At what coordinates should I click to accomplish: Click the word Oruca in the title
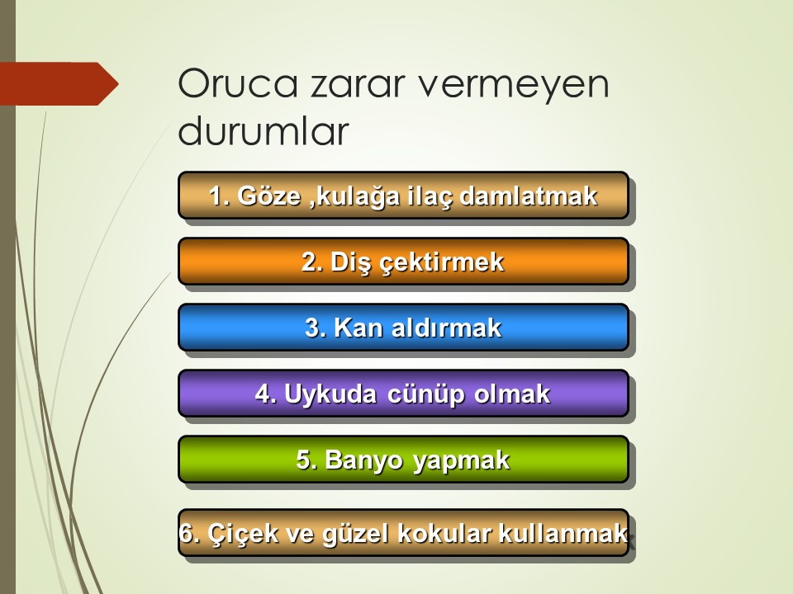coord(237,83)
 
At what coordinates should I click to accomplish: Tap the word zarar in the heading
coord(358,84)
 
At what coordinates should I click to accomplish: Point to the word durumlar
coord(264,131)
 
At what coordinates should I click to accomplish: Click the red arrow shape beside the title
coord(59,84)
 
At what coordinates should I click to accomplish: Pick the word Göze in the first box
coord(269,196)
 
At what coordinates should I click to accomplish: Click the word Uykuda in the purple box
coord(330,394)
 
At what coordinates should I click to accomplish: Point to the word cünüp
coord(426,394)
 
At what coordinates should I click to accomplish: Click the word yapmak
coord(461,460)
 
